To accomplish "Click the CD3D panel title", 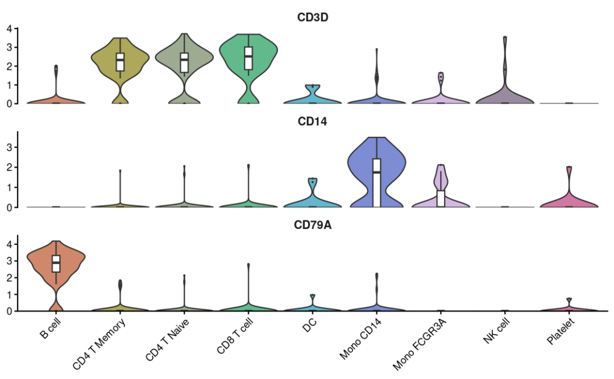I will (313, 17).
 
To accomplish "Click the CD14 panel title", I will (313, 121).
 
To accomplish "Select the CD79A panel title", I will (313, 225).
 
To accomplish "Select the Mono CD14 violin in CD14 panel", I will (376, 170).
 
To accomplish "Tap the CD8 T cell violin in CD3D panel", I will (248, 63).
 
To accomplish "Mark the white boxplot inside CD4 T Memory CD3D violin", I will (120, 61).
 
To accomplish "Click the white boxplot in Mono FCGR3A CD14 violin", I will (441, 198).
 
